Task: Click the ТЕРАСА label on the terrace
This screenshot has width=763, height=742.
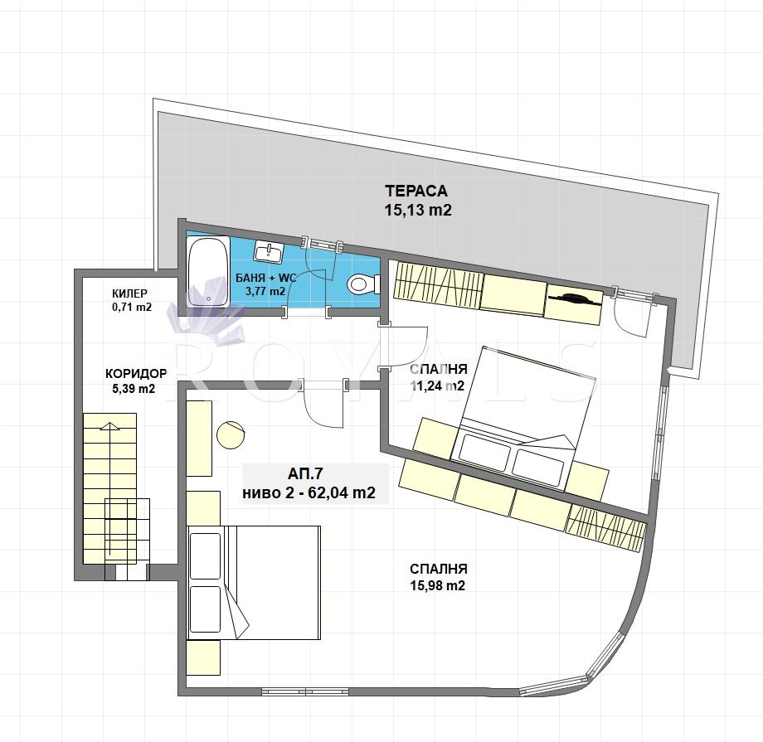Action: point(416,191)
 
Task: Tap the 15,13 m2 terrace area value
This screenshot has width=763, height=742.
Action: point(418,211)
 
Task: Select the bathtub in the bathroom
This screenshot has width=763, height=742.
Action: point(209,271)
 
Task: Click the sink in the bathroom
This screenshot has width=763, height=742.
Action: point(268,251)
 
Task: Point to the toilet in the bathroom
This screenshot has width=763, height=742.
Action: point(364,284)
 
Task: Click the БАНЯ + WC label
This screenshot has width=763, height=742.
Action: point(265,279)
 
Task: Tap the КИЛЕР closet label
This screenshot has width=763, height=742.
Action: point(129,293)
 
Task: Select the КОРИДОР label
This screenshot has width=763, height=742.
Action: point(136,374)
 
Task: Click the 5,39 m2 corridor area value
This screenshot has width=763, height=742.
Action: point(134,389)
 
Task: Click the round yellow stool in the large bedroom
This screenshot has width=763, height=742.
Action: point(231,434)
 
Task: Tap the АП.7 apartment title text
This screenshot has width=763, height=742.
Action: point(305,473)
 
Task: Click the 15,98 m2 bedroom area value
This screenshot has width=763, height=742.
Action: point(438,585)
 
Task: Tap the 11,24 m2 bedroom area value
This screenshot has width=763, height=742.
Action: point(437,386)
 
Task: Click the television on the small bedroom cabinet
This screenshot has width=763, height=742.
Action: point(575,298)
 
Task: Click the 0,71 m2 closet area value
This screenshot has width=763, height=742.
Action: point(131,307)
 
